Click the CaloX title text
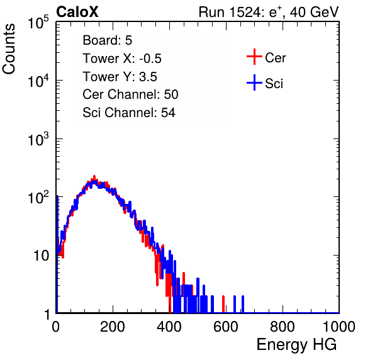(x=77, y=12)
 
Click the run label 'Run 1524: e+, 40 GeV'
(x=269, y=12)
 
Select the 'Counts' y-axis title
(x=9, y=49)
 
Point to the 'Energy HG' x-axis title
(x=296, y=345)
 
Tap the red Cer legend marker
(x=254, y=57)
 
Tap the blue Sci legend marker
(x=254, y=82)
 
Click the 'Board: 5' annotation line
(x=108, y=40)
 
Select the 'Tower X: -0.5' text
(x=122, y=59)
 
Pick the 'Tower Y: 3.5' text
(x=120, y=77)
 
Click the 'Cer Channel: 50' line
(x=130, y=94)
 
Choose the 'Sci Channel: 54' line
(x=129, y=113)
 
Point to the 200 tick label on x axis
(x=113, y=327)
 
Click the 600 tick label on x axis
(x=226, y=327)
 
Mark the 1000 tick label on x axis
(x=339, y=327)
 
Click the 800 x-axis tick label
(x=283, y=327)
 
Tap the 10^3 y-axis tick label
(x=38, y=139)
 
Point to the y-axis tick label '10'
(x=41, y=256)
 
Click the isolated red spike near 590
(x=223, y=304)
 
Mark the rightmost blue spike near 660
(x=243, y=304)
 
